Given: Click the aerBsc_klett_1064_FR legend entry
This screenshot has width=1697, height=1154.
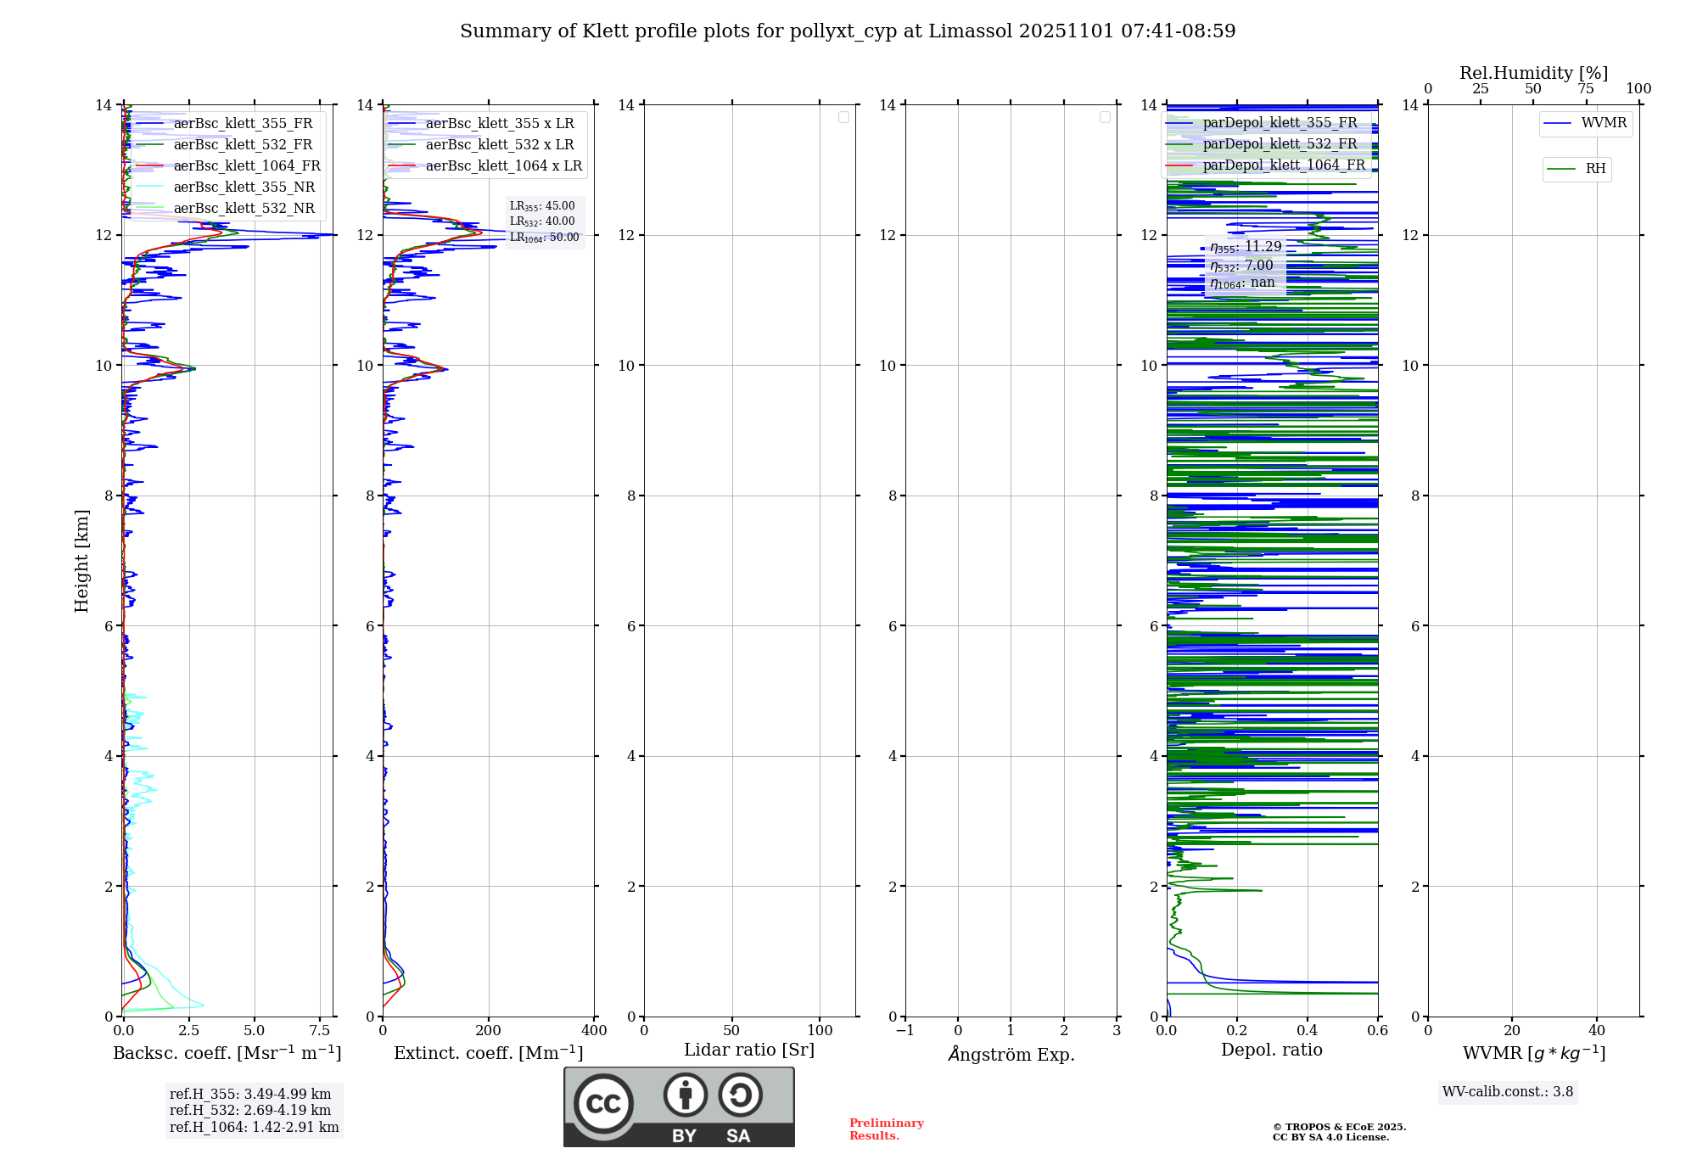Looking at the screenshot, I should click(247, 166).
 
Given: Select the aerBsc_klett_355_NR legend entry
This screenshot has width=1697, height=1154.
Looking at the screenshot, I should click(244, 188).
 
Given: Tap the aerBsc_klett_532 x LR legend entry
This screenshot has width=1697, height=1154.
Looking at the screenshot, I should click(500, 145).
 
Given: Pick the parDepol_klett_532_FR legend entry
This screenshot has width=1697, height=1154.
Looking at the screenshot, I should click(1280, 144).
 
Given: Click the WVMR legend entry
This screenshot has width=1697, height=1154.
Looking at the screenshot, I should click(1604, 124).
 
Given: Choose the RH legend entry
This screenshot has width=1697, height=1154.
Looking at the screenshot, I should click(1595, 169).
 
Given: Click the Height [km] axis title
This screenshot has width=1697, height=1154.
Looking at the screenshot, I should click(81, 561).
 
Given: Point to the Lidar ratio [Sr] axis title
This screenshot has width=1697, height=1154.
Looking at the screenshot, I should click(749, 1050).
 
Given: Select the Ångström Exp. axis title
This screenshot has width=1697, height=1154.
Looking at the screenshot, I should click(1011, 1055).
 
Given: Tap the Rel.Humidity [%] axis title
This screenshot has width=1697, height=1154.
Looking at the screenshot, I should click(1533, 74).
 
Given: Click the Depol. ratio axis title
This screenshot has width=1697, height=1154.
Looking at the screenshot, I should click(1271, 1050).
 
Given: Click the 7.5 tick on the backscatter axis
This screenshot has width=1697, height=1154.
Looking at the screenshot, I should click(320, 1031).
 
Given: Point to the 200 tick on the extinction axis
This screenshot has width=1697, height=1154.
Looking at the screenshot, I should click(489, 1031).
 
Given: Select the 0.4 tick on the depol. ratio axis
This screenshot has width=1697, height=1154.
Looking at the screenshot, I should click(1308, 1031).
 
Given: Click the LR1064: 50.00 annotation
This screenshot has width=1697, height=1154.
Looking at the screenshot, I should click(544, 238).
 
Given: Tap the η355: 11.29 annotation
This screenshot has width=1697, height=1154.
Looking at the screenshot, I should click(1246, 247).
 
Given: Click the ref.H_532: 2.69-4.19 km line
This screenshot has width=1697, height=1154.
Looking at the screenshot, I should click(250, 1111).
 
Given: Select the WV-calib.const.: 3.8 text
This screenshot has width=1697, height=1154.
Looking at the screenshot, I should click(1508, 1092).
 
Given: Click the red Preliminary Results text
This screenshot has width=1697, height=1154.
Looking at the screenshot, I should click(886, 1129).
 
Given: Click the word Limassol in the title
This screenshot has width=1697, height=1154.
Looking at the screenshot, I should click(970, 31).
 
